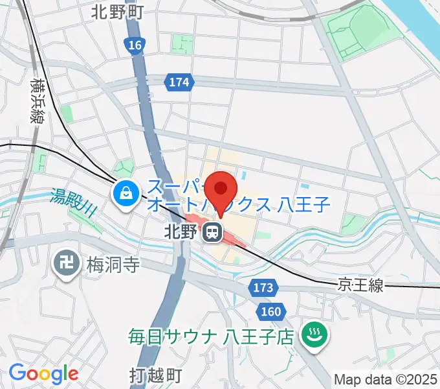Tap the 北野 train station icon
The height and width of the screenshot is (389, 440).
[x=211, y=231]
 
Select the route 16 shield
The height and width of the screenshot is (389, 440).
[x=134, y=45]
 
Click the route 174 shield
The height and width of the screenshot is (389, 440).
[x=180, y=82]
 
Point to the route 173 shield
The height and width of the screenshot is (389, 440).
[x=263, y=287]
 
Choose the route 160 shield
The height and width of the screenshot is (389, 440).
[x=271, y=312]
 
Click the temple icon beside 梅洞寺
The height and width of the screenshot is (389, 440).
[x=65, y=264]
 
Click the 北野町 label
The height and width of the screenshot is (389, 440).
[x=118, y=11]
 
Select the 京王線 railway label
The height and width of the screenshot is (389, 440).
[x=360, y=285]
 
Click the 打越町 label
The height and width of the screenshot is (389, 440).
[x=155, y=375]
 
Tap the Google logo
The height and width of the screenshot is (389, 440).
[x=43, y=373]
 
